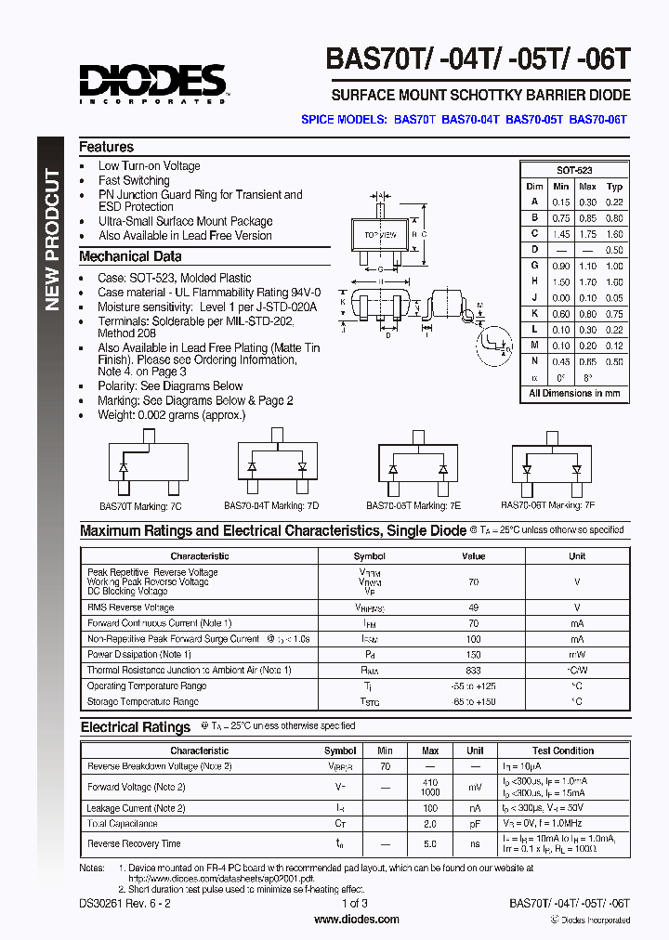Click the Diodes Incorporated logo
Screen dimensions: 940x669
pyautogui.click(x=153, y=83)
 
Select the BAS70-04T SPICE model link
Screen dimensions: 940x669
pyautogui.click(x=470, y=120)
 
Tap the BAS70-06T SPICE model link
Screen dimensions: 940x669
pyautogui.click(x=598, y=120)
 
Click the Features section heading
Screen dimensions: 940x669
pyautogui.click(x=106, y=147)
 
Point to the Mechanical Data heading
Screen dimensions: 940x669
pyautogui.click(x=130, y=256)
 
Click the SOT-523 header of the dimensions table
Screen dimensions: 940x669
pyautogui.click(x=574, y=171)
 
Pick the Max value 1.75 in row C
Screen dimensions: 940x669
pyautogui.click(x=587, y=234)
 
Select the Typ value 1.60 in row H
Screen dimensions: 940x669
pyautogui.click(x=614, y=281)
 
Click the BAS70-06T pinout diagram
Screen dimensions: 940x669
pyautogui.click(x=551, y=467)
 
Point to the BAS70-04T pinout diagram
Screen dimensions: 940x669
pyautogui.click(x=277, y=464)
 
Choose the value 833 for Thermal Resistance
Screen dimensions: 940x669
pyautogui.click(x=473, y=670)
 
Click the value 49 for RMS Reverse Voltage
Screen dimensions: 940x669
pyautogui.click(x=473, y=607)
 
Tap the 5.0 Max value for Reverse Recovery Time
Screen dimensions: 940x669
pyautogui.click(x=430, y=843)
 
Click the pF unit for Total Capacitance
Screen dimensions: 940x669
pyautogui.click(x=475, y=824)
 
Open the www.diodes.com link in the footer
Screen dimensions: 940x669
pyautogui.click(x=357, y=920)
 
